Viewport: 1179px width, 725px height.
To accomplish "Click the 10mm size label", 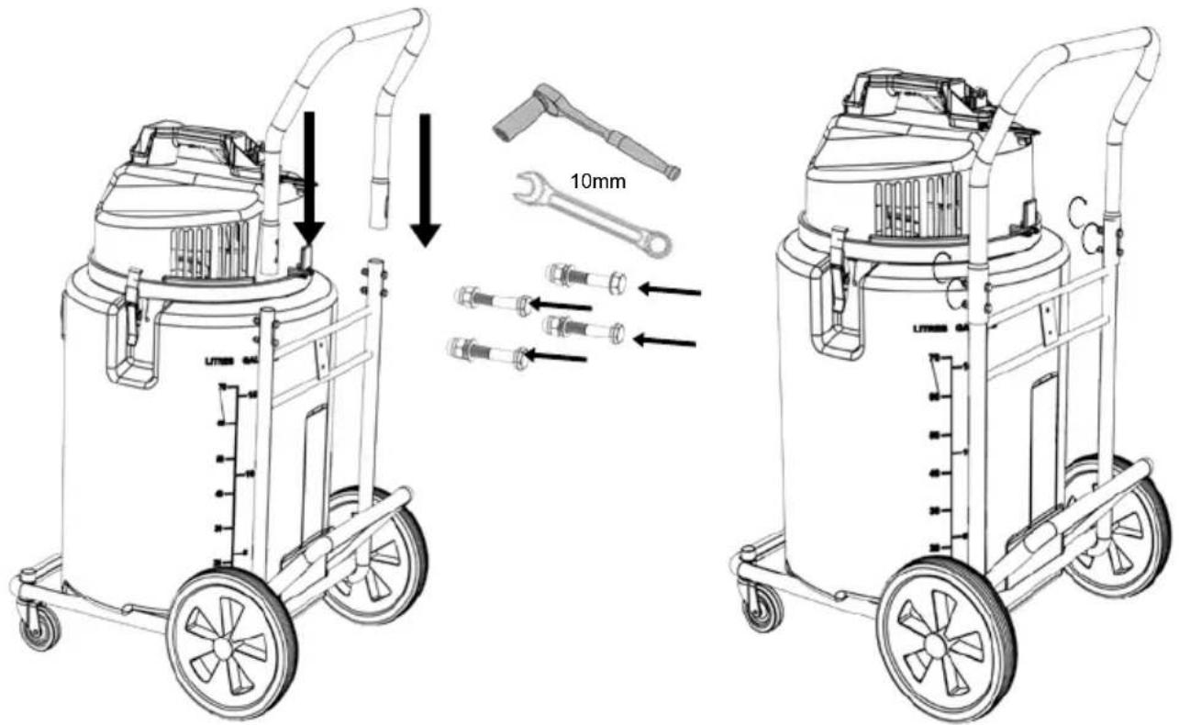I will tap(597, 182).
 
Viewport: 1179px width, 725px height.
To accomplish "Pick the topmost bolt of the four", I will tap(586, 278).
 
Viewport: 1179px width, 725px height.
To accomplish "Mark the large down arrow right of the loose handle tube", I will tap(424, 179).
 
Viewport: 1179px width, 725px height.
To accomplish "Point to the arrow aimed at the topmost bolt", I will tap(669, 291).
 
